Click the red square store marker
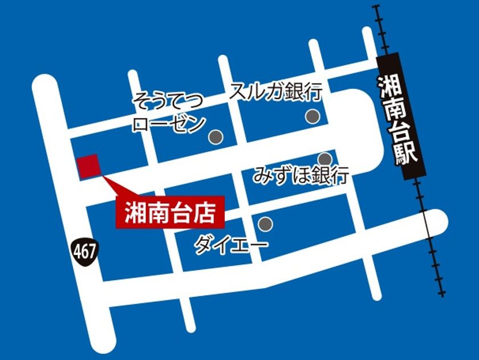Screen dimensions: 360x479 pos(89,166)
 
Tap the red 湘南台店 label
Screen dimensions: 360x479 pos(169,213)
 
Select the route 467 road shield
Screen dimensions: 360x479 pos(85,249)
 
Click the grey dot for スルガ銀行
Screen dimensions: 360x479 pos(312,116)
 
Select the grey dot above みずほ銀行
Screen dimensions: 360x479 pos(324,159)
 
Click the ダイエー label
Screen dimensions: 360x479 pos(231,246)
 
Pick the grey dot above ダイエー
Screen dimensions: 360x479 pos(265,223)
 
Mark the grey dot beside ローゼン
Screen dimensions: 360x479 pos(216,137)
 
